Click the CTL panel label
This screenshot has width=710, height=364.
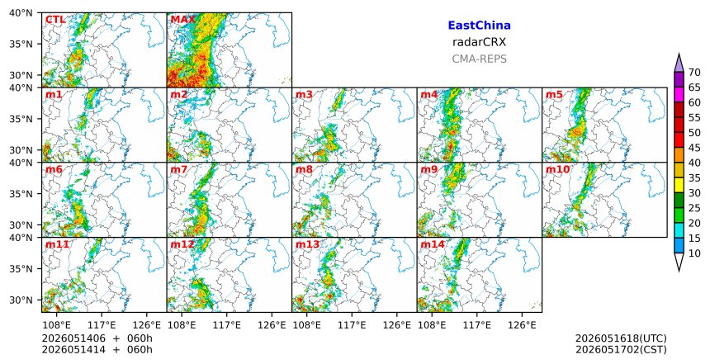(x=55, y=20)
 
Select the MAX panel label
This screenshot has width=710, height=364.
(x=183, y=20)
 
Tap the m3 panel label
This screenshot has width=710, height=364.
(x=304, y=95)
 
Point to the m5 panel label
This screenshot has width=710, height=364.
(x=554, y=95)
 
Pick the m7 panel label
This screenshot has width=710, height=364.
(x=179, y=169)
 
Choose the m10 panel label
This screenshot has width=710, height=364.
(x=557, y=169)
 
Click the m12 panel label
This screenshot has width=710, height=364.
(x=182, y=244)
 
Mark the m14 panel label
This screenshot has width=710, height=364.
(x=433, y=244)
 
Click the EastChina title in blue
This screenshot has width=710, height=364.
(x=479, y=26)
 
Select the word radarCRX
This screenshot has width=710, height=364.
(x=479, y=42)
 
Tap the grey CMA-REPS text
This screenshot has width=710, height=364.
(x=479, y=59)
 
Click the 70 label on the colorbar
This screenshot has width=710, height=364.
(x=694, y=73)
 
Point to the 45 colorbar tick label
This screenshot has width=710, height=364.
(x=694, y=148)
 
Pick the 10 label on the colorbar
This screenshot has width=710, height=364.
(x=694, y=253)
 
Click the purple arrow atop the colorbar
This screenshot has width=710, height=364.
(x=679, y=63)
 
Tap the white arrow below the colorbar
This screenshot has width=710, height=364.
(x=679, y=262)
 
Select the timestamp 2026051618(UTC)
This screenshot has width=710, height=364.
(x=621, y=338)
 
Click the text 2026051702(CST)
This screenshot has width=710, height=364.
(x=621, y=349)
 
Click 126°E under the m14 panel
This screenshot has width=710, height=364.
(x=522, y=324)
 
